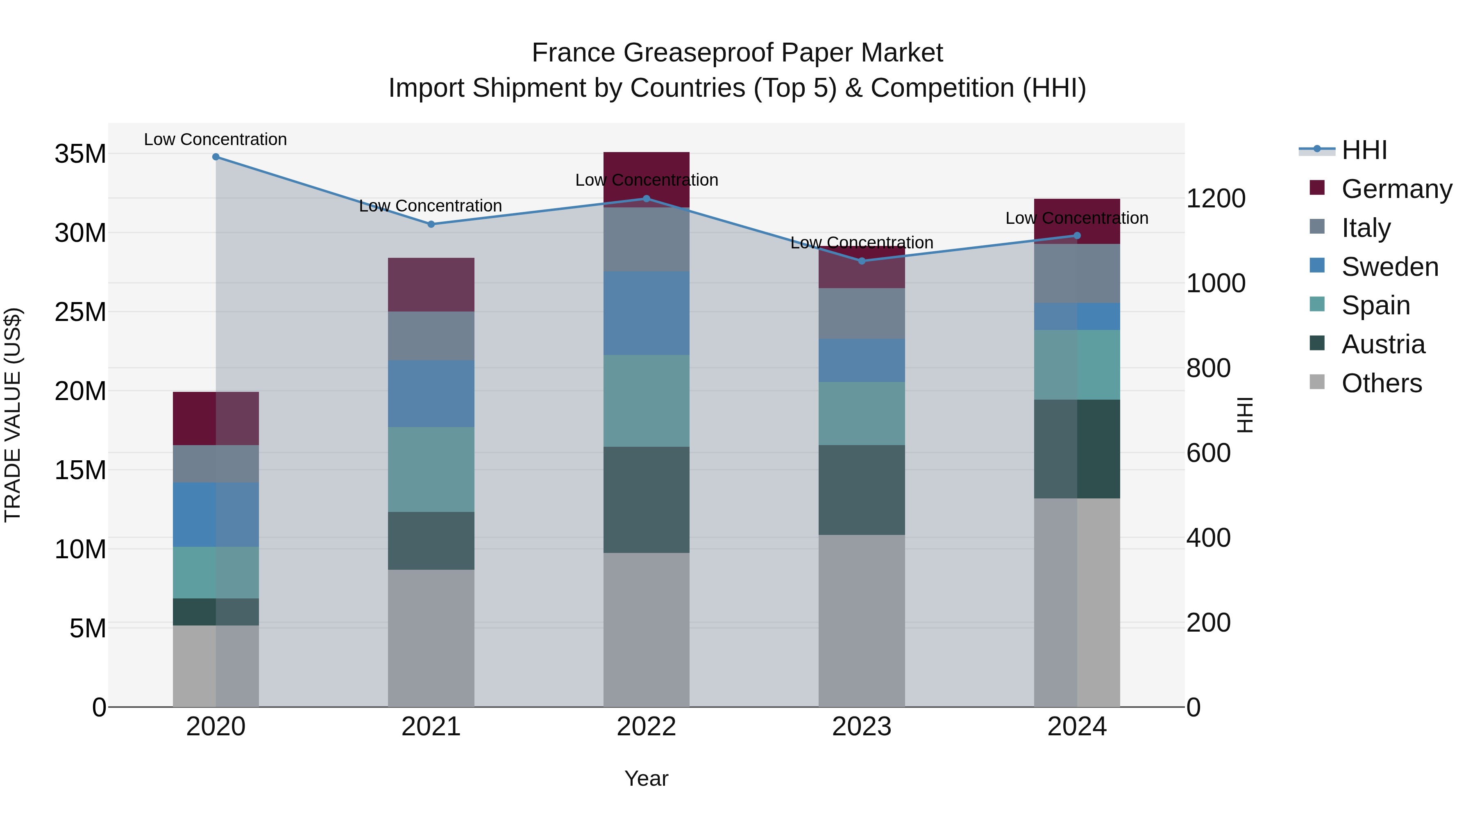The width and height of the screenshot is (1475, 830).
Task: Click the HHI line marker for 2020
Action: point(216,157)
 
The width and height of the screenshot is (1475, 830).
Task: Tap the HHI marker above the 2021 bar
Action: point(431,224)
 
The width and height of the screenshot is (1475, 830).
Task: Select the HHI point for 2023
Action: point(862,261)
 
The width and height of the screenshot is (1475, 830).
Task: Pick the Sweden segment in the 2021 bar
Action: point(431,393)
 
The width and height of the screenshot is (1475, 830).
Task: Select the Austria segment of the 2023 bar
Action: point(862,490)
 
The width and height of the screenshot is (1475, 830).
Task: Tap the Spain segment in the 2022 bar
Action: point(647,400)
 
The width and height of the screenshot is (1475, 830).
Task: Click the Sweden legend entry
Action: point(1390,267)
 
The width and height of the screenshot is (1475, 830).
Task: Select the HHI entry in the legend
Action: point(1364,150)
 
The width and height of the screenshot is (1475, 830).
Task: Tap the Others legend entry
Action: point(1381,383)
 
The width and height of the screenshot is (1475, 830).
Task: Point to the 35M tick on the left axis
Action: point(80,154)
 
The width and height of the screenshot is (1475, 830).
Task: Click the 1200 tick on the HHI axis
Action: point(1216,199)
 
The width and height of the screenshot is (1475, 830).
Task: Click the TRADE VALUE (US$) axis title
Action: point(13,415)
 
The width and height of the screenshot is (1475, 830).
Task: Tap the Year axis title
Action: point(647,778)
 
